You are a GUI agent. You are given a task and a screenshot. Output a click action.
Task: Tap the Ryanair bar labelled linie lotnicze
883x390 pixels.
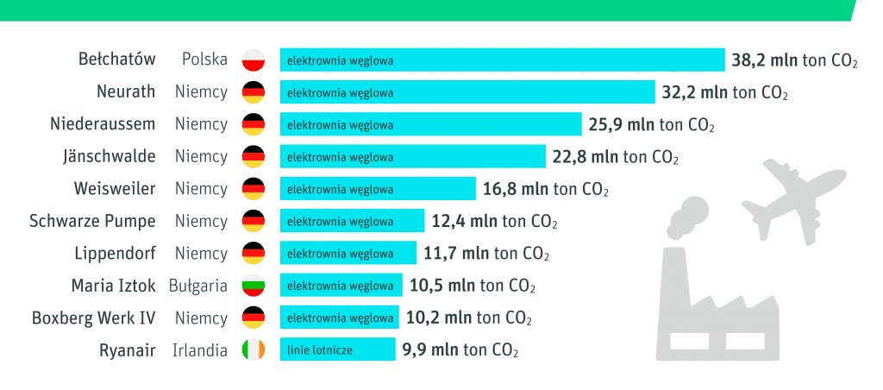click(337, 350)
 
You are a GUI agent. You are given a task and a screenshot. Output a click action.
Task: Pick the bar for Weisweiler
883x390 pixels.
click(378, 189)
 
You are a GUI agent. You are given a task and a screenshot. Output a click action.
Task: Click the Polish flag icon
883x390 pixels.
click(253, 60)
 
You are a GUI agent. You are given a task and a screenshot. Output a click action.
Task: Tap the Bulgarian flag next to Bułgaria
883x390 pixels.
click(253, 286)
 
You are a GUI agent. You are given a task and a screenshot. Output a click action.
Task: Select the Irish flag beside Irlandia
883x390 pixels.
click(253, 350)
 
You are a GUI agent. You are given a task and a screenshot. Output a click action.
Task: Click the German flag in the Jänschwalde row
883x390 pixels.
click(253, 157)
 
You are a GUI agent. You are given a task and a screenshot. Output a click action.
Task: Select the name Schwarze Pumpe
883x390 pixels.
click(92, 221)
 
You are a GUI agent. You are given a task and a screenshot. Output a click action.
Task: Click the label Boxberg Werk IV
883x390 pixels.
click(93, 318)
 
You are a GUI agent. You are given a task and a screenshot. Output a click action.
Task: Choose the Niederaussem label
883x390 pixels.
click(103, 125)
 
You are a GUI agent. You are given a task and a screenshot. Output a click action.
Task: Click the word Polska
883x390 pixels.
click(204, 60)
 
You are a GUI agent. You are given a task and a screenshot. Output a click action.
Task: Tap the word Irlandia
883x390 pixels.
click(199, 350)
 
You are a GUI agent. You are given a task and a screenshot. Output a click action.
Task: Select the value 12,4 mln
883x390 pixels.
click(464, 221)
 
